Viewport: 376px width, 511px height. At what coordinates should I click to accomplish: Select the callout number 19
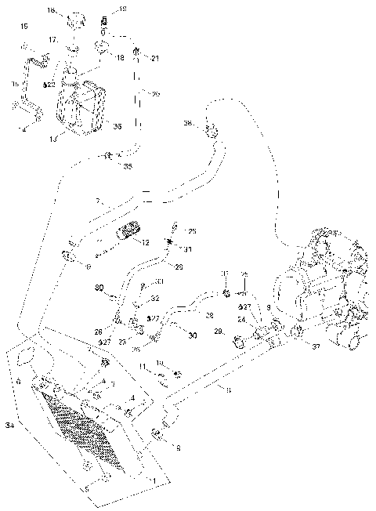click(121, 9)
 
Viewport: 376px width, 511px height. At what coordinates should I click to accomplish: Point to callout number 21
click(154, 58)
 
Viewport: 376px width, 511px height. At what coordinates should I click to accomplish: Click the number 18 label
click(120, 58)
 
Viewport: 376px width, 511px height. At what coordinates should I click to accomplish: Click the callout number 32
click(156, 299)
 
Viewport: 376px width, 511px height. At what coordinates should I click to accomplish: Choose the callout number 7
click(98, 202)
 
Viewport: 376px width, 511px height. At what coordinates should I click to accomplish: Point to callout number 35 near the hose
click(128, 167)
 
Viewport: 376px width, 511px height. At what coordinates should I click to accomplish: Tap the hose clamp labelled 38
click(210, 130)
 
